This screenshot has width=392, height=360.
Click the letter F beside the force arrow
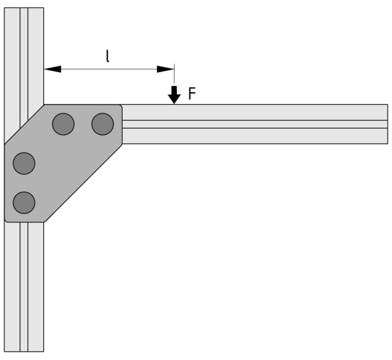(192, 93)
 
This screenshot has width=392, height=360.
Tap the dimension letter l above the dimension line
(108, 56)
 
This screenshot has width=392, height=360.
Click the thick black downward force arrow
(174, 95)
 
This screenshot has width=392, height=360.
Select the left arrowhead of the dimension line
(53, 69)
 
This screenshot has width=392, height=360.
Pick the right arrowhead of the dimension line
(165, 69)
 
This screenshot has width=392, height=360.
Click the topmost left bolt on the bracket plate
(63, 124)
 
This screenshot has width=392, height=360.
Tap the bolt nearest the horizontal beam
(103, 124)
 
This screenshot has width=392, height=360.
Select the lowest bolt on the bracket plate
(24, 203)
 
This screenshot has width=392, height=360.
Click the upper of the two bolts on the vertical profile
(24, 164)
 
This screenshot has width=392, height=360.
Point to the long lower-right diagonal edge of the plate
(83, 183)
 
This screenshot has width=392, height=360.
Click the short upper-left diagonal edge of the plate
(24, 124)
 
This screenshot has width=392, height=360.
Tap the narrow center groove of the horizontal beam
(255, 124)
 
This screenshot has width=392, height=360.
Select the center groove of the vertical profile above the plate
(24, 66)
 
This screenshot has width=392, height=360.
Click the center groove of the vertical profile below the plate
(24, 287)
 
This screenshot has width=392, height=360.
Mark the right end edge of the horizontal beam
(388, 124)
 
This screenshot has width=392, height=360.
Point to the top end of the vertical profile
(24, 7)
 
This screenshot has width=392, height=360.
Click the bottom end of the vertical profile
(24, 352)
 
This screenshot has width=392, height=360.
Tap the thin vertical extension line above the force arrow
(174, 74)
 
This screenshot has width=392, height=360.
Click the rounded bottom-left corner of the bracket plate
(6, 220)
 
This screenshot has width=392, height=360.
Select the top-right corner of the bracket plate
(120, 107)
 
